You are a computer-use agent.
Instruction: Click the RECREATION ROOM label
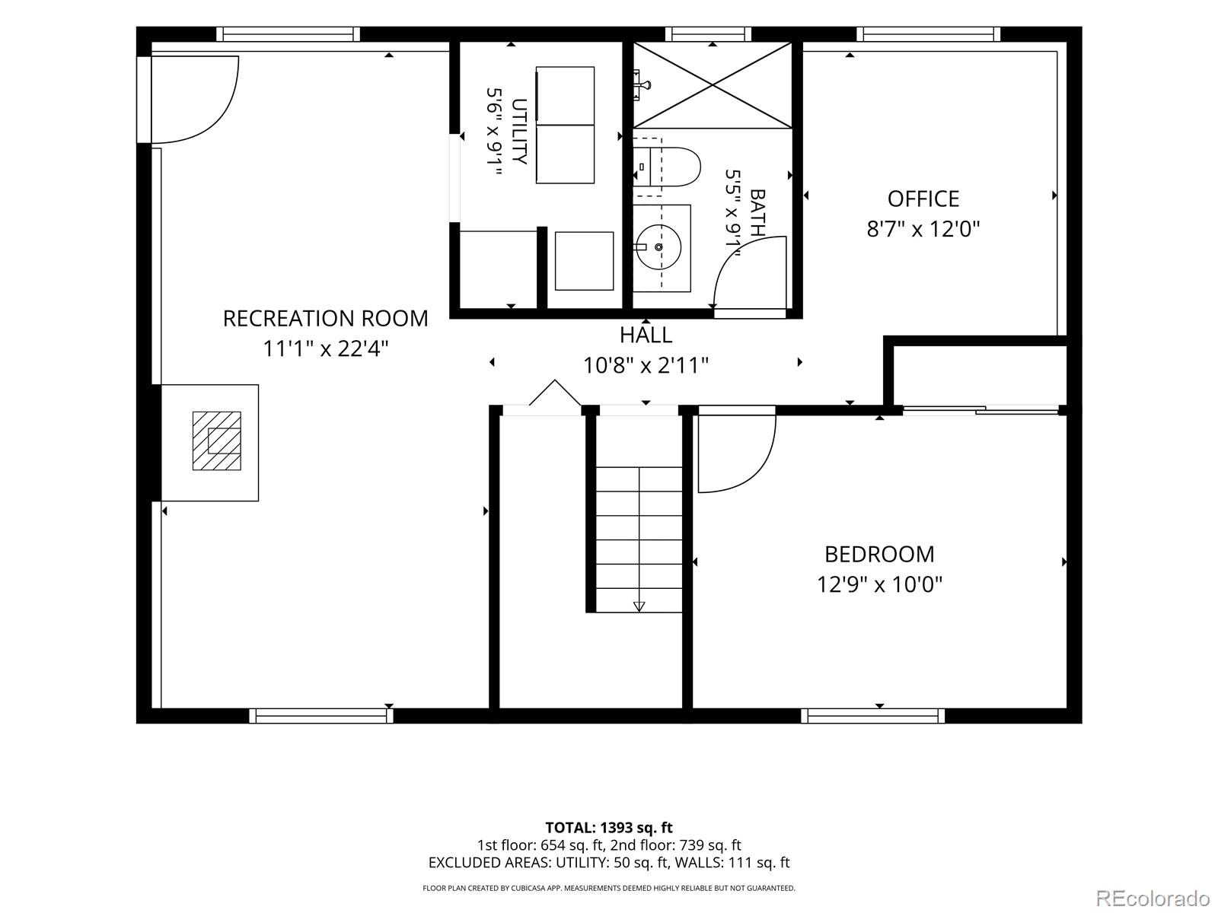(x=325, y=319)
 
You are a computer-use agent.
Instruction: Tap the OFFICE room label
(x=923, y=199)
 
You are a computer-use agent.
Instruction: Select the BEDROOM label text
(x=879, y=555)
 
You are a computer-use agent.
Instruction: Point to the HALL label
(x=646, y=335)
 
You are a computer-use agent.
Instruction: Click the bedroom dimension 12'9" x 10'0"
(x=879, y=584)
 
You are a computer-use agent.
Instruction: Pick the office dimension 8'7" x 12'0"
(x=923, y=228)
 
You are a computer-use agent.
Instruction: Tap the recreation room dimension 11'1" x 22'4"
(x=325, y=348)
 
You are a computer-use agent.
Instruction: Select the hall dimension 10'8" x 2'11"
(x=646, y=365)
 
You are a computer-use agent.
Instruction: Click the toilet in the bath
(x=667, y=167)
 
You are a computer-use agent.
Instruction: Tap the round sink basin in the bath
(x=658, y=247)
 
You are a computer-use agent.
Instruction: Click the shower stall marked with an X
(x=713, y=85)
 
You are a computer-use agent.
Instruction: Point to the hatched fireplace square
(x=216, y=441)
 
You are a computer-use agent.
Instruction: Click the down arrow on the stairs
(x=639, y=606)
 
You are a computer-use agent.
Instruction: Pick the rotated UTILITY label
(x=519, y=132)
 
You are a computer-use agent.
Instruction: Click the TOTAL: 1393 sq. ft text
(x=609, y=828)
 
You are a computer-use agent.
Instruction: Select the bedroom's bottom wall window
(x=873, y=716)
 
